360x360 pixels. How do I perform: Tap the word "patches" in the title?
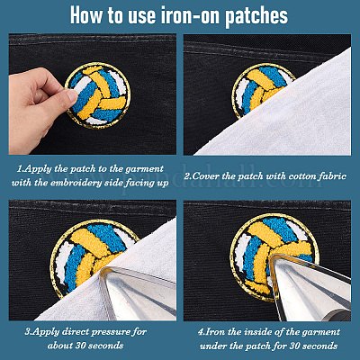256,17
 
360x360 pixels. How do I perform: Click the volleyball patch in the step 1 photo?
98,95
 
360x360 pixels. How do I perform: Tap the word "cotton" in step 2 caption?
301,176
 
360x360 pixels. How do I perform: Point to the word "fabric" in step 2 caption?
333,176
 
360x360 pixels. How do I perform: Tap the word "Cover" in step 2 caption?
202,176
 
